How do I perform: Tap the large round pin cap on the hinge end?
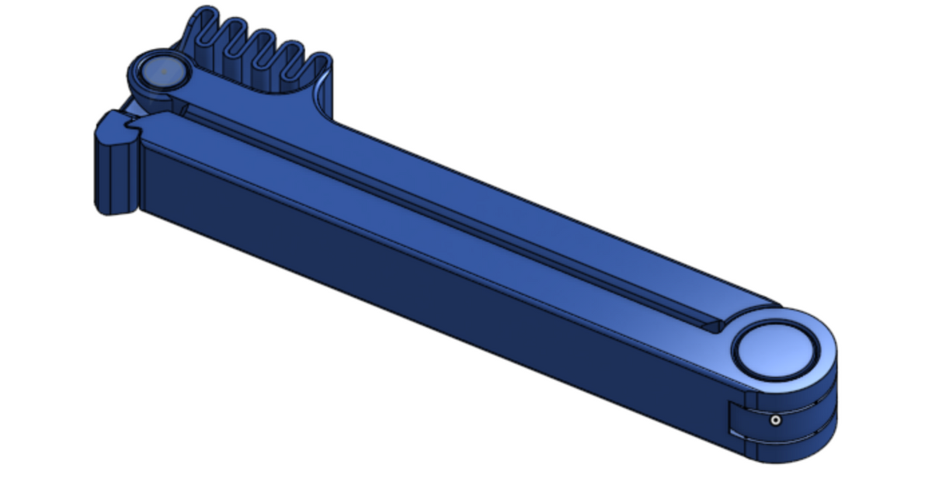tap(776, 350)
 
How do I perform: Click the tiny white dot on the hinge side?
tap(774, 421)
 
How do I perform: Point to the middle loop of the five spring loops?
tap(263, 51)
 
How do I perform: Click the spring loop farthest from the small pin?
tap(318, 70)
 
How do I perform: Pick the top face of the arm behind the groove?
tap(505, 202)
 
